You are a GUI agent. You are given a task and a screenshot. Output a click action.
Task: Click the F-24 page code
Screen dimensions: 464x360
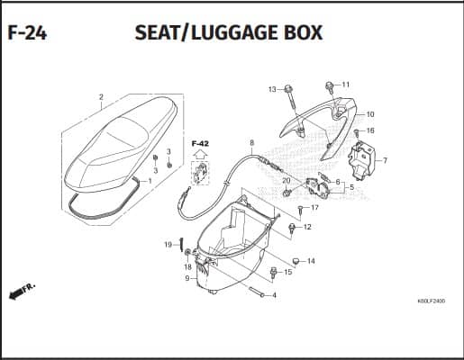(27, 33)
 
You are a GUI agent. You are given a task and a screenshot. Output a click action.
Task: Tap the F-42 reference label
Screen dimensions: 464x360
(200, 144)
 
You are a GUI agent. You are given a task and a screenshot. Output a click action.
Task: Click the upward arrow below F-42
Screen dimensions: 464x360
(200, 154)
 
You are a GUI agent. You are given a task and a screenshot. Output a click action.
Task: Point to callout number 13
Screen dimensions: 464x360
(272, 89)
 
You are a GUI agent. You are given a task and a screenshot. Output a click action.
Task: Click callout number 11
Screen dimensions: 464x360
(346, 85)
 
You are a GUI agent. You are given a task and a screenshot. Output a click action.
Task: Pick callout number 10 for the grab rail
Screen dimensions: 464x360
(370, 114)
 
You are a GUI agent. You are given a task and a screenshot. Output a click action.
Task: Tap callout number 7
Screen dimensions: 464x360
(385, 160)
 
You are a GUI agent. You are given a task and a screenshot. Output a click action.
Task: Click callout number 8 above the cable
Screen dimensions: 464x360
(251, 142)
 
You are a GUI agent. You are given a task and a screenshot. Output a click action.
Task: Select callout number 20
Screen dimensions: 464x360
(287, 181)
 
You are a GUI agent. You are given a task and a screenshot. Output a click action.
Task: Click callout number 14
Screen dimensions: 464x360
(311, 261)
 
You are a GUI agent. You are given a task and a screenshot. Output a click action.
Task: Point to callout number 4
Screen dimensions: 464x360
(274, 295)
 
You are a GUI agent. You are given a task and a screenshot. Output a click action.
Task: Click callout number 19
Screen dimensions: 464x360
(168, 245)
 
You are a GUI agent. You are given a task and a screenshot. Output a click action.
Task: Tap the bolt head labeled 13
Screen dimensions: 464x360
(288, 89)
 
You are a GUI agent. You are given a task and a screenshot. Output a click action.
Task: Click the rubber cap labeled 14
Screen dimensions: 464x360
(296, 262)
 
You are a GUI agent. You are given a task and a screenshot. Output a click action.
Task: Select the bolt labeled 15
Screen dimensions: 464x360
(273, 273)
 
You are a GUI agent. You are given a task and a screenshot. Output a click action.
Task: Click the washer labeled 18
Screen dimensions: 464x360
(188, 253)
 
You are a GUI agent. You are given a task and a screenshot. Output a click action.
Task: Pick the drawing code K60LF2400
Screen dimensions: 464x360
(432, 301)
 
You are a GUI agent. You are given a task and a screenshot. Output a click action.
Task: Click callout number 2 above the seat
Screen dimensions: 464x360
(101, 97)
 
